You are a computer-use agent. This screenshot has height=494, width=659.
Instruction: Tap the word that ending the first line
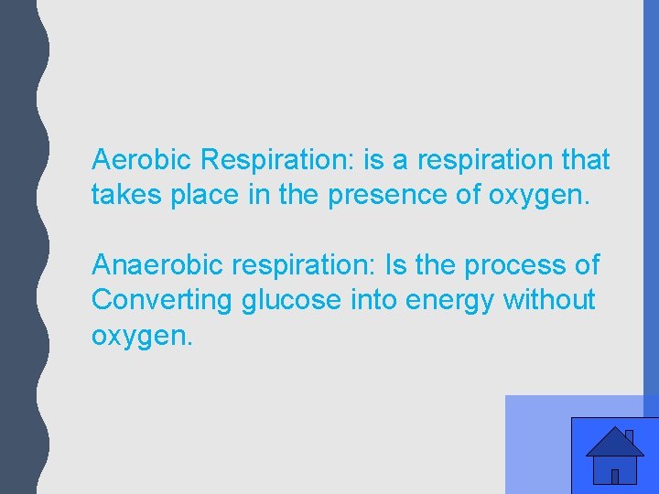[x=587, y=160]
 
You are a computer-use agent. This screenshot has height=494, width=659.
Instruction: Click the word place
[x=203, y=195]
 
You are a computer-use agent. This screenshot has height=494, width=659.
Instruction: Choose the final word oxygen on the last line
[x=142, y=336]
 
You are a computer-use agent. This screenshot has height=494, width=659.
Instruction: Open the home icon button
[x=614, y=455]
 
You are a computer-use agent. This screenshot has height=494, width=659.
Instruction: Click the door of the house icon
[x=615, y=476]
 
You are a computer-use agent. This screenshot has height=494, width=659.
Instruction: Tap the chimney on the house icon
[x=630, y=435]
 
